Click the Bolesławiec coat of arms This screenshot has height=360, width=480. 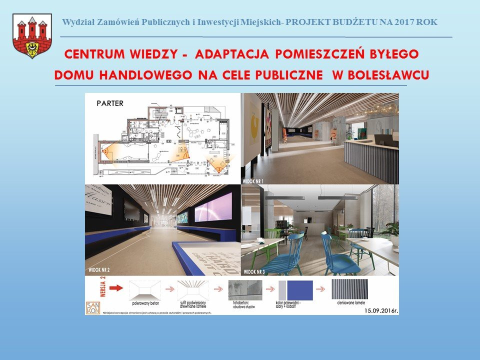click(x=32, y=36)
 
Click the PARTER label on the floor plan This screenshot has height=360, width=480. click(x=110, y=104)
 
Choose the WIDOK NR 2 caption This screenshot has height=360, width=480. click(x=99, y=270)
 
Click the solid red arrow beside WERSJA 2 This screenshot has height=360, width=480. click(x=115, y=288)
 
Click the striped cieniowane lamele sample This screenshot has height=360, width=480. click(x=349, y=289)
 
